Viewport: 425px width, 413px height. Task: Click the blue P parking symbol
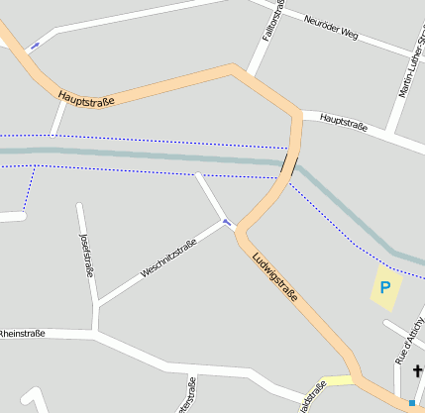click(385, 288)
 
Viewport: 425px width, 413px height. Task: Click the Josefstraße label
click(86, 252)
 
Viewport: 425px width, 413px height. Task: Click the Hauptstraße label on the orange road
click(87, 98)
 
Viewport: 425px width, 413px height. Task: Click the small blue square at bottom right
click(412, 402)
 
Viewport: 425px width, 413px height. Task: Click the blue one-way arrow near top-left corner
click(35, 45)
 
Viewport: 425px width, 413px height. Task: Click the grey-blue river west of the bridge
click(149, 155)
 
